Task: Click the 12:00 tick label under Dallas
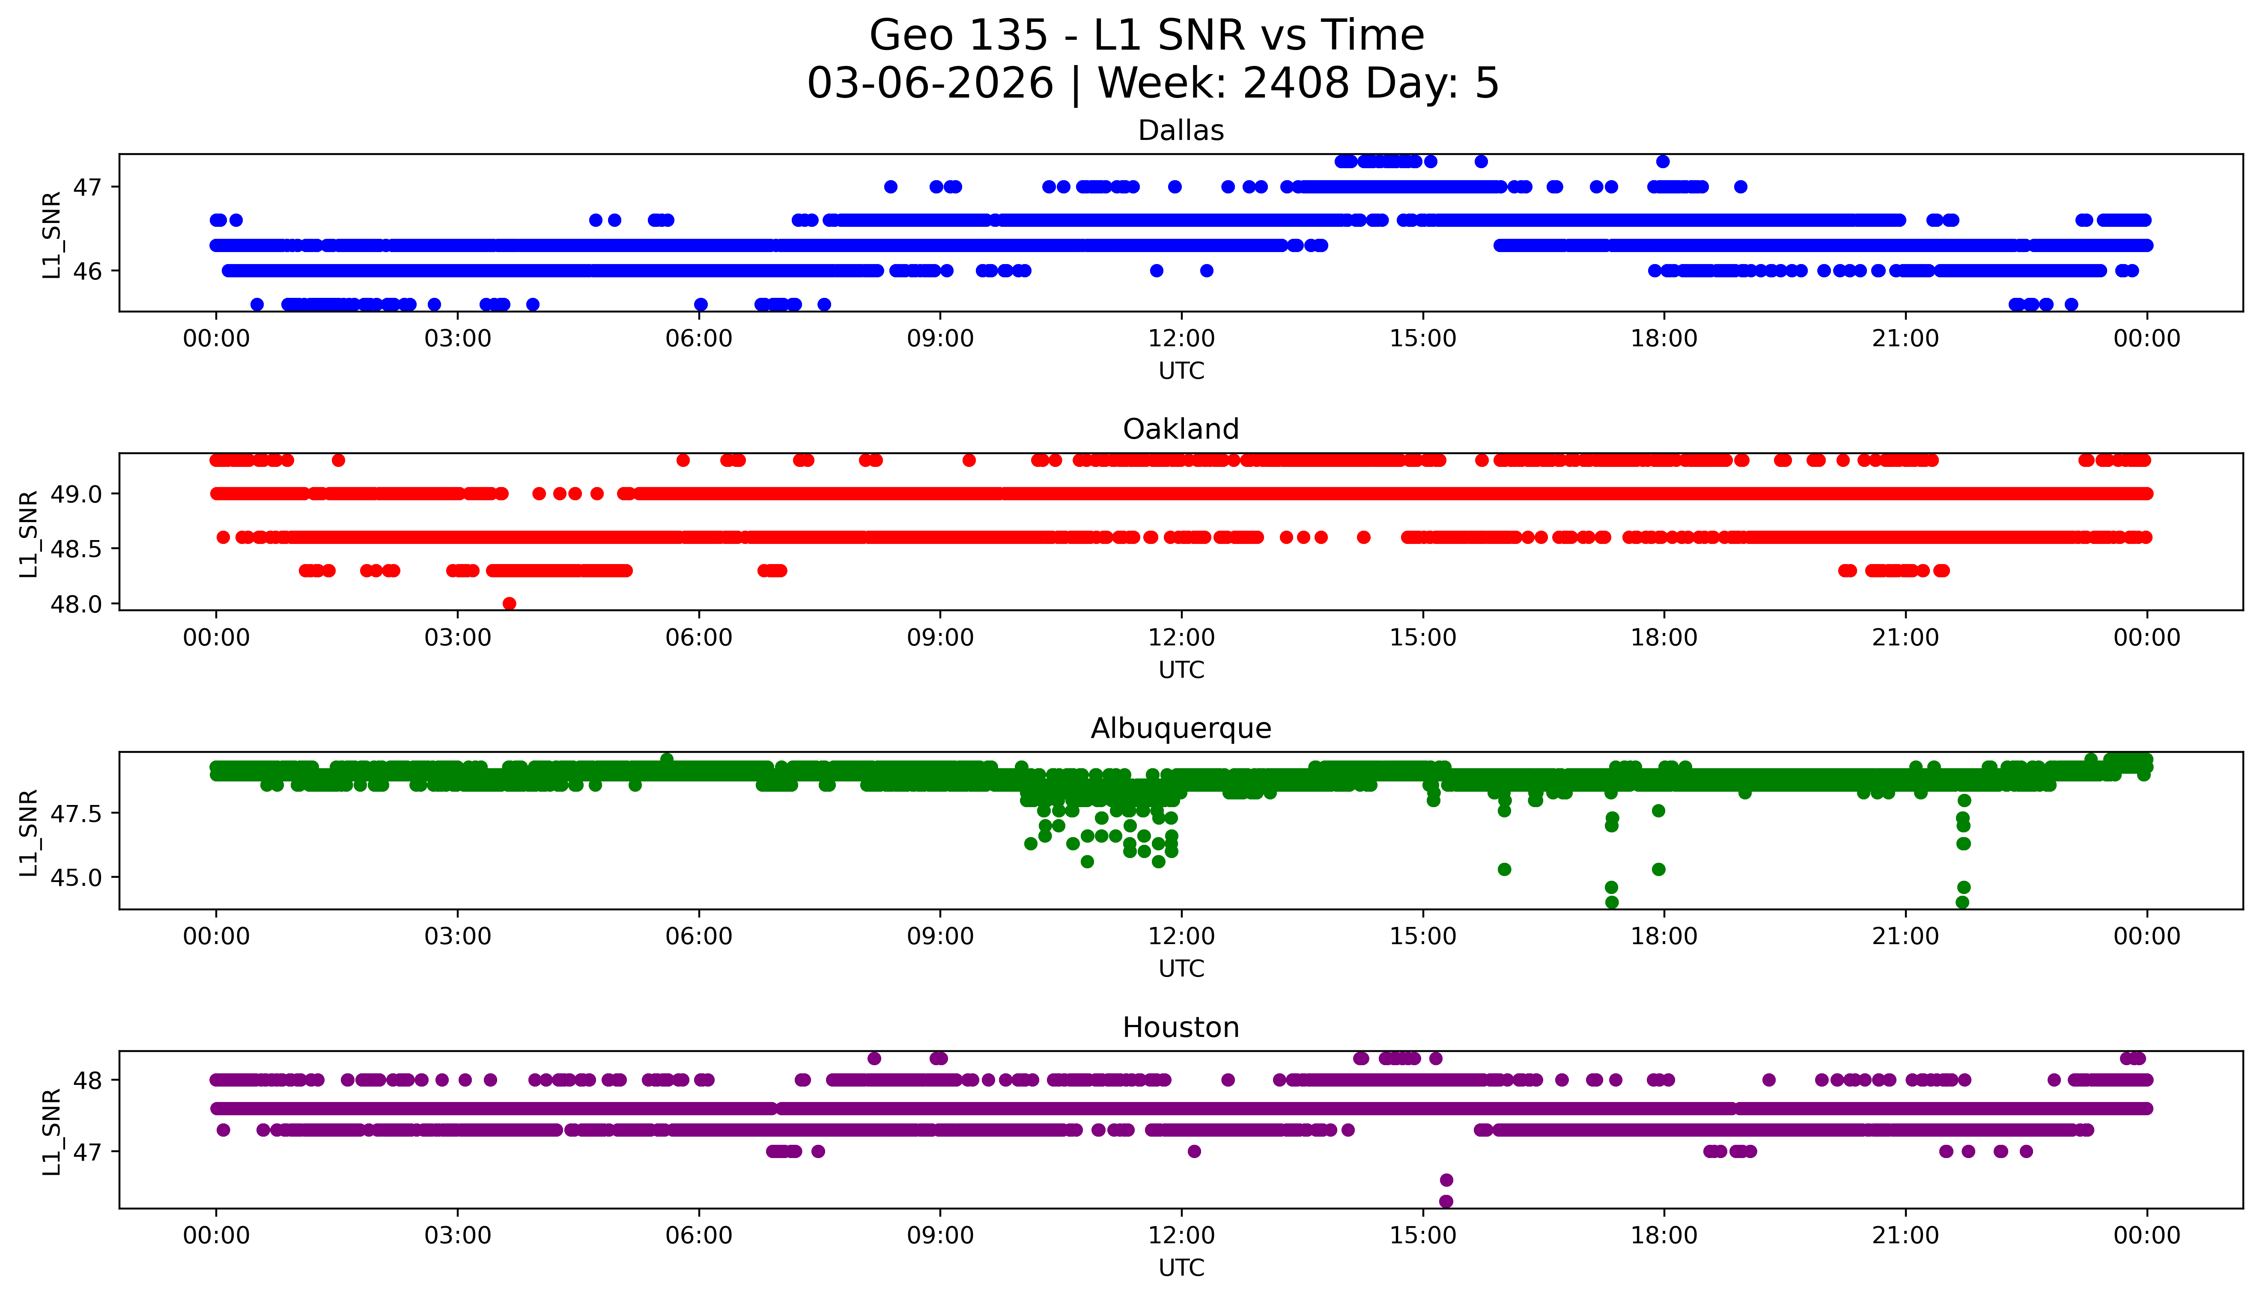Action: click(1181, 339)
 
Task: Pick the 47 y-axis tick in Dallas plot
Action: click(87, 187)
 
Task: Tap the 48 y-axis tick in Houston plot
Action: click(87, 1081)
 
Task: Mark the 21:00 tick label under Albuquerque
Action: click(1905, 937)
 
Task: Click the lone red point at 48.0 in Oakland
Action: click(509, 603)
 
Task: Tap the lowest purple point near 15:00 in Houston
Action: click(1446, 1202)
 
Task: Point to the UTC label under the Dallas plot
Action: click(1181, 371)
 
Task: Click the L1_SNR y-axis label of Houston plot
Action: click(52, 1130)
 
